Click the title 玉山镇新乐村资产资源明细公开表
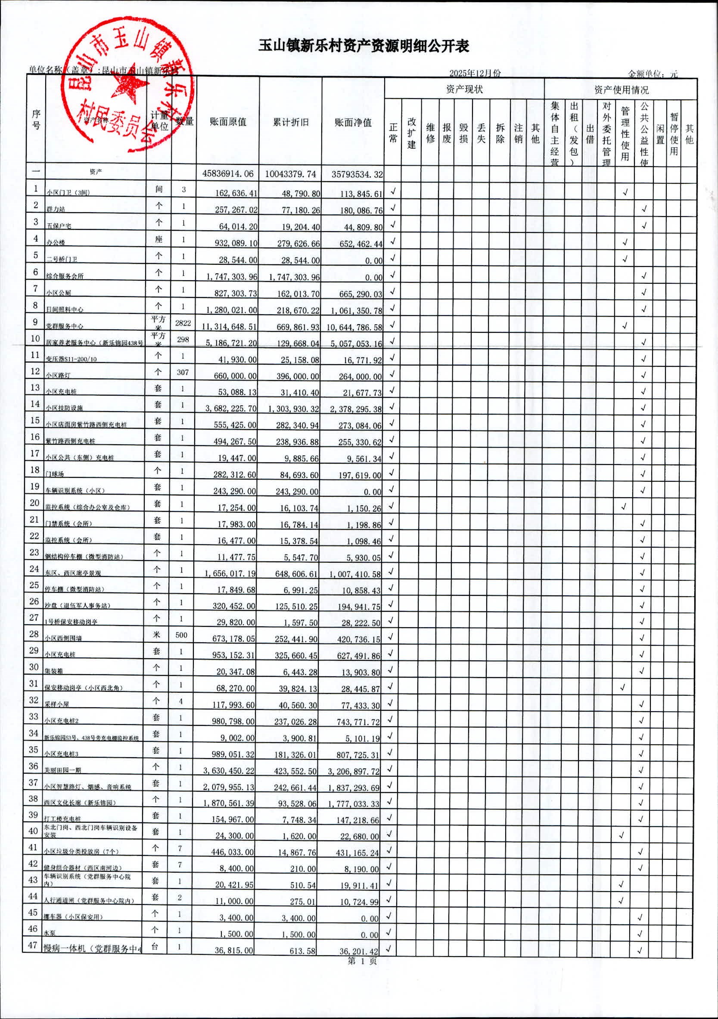(364, 46)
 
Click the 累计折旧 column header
(290, 122)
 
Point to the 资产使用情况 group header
(621, 90)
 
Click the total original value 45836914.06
(228, 173)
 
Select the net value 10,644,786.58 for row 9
(354, 327)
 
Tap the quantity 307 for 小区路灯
(183, 372)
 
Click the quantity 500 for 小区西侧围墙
(181, 635)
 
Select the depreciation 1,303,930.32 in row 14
(293, 408)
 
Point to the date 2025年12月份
(475, 73)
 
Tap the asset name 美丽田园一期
(62, 770)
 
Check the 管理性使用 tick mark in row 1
(625, 192)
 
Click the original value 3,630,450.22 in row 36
(229, 771)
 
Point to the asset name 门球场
(54, 474)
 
